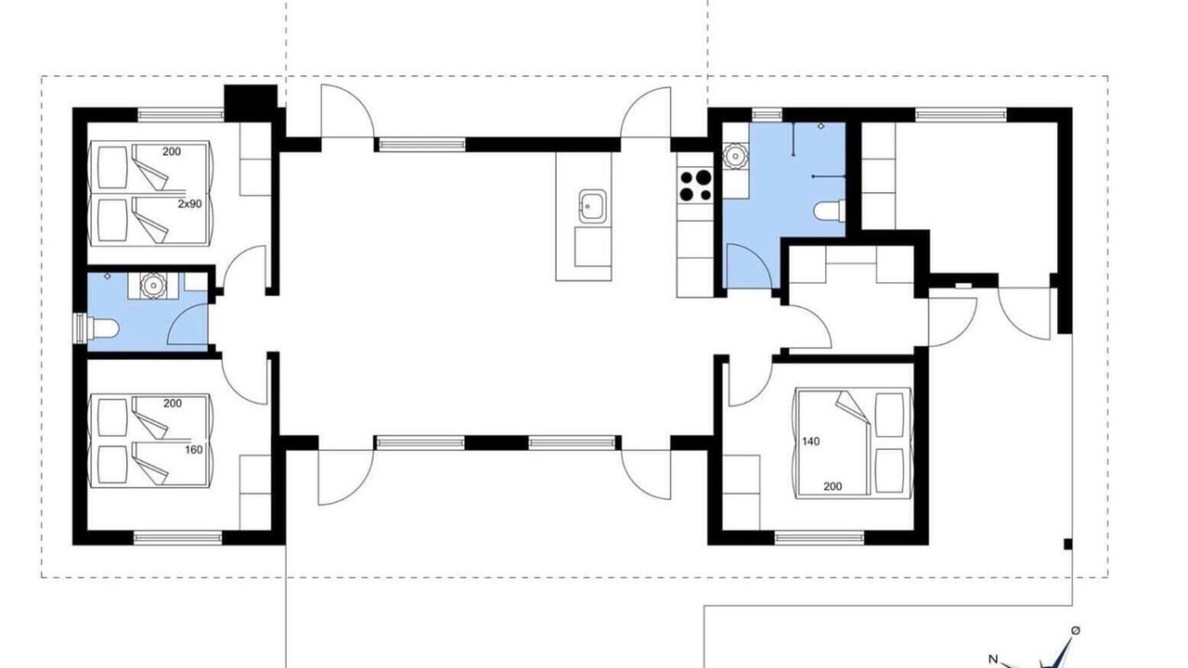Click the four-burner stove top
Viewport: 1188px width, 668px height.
click(x=695, y=186)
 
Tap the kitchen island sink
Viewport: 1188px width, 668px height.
click(x=592, y=206)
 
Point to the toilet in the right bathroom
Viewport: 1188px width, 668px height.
click(x=830, y=211)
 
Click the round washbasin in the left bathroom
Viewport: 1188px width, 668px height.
click(x=153, y=285)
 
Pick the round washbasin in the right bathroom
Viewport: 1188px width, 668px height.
click(x=735, y=157)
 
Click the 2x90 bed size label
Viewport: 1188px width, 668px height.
click(x=189, y=203)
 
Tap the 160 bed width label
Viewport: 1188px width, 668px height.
click(x=194, y=450)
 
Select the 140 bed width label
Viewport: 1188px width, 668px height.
click(x=810, y=441)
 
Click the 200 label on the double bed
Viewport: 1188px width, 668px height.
click(x=833, y=486)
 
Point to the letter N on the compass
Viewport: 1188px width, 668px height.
click(x=993, y=660)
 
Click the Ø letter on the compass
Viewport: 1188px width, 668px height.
click(x=1076, y=630)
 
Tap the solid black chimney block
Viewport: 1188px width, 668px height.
click(x=251, y=102)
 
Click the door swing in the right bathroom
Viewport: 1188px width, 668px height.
click(x=748, y=265)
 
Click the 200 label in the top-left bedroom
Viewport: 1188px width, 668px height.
click(x=172, y=151)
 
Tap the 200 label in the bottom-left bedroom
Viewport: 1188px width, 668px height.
click(x=173, y=404)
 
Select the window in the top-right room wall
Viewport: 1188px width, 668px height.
click(x=961, y=114)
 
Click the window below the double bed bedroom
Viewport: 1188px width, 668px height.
click(x=820, y=538)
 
